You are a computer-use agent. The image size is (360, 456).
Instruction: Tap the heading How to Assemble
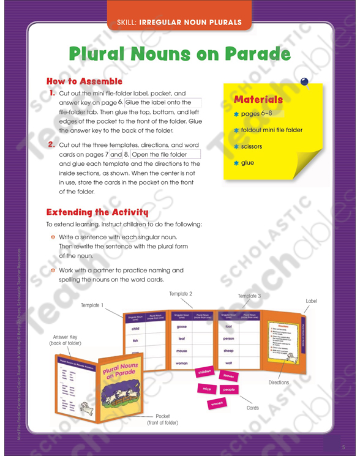[84, 81]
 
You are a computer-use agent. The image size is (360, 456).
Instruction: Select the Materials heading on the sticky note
[258, 99]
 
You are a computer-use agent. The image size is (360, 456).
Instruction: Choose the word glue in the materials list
[247, 163]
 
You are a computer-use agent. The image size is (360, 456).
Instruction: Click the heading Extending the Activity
[97, 212]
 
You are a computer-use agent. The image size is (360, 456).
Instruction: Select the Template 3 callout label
[249, 296]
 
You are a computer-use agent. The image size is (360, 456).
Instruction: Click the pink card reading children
[204, 372]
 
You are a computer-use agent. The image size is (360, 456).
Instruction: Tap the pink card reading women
[217, 404]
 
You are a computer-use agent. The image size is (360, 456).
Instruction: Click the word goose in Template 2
[181, 327]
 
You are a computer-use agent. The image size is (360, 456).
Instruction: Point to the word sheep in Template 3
[229, 351]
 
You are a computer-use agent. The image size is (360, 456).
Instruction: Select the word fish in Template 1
[135, 341]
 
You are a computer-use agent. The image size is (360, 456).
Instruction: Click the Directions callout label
[279, 383]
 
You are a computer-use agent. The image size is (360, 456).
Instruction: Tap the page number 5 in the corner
[343, 446]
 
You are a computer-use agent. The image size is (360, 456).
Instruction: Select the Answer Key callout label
[65, 340]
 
